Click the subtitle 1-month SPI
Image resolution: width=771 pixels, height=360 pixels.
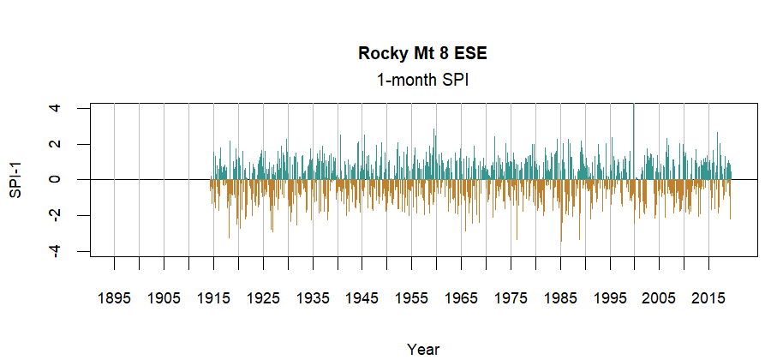click(422, 80)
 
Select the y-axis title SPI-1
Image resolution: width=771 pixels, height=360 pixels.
click(16, 180)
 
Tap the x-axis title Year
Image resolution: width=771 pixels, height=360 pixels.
click(422, 349)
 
